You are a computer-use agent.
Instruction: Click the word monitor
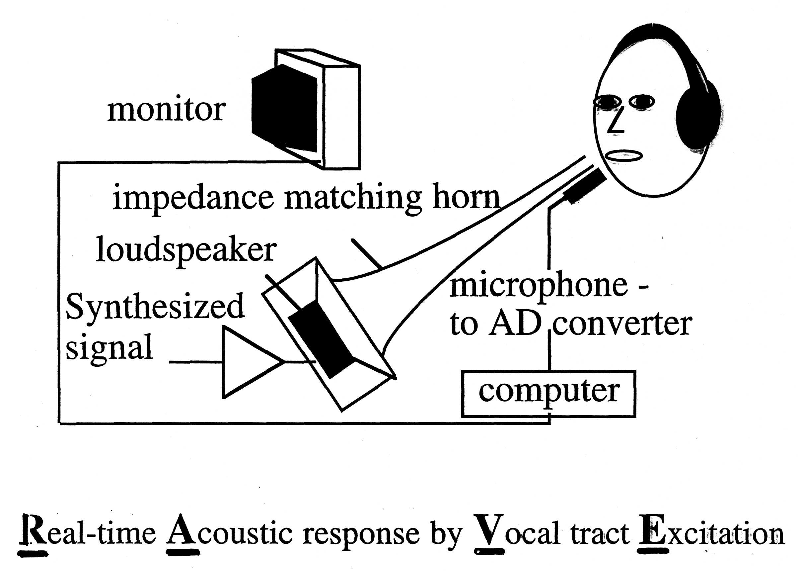click(x=166, y=110)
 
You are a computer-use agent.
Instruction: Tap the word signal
click(x=109, y=347)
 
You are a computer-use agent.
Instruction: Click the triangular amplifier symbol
click(x=246, y=362)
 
